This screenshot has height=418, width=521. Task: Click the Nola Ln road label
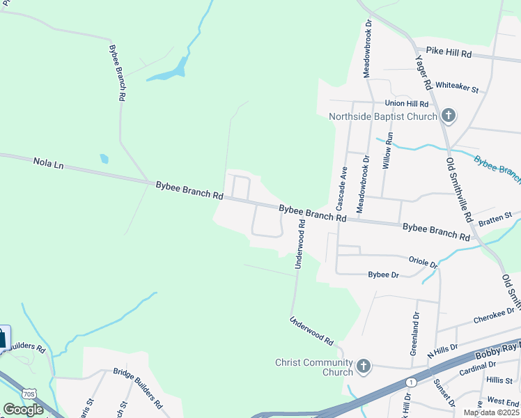coord(48,164)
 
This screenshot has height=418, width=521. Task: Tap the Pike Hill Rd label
coord(449,53)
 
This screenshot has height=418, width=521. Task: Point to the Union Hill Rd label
coord(410,103)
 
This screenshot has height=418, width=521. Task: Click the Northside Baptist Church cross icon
coord(449,116)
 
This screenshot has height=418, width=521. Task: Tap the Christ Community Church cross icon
coord(362,366)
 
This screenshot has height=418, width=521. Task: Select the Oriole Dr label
coord(423,261)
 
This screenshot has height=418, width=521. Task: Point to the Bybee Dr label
coord(383,275)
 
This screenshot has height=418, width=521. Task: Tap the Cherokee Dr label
coord(493,317)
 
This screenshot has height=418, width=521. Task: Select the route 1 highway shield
coord(412,382)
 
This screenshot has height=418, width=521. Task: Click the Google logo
coord(24,410)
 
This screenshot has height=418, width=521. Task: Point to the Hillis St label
coord(499,380)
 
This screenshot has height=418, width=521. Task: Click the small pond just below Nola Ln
coord(104,158)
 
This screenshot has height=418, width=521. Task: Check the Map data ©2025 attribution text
coord(491,412)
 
